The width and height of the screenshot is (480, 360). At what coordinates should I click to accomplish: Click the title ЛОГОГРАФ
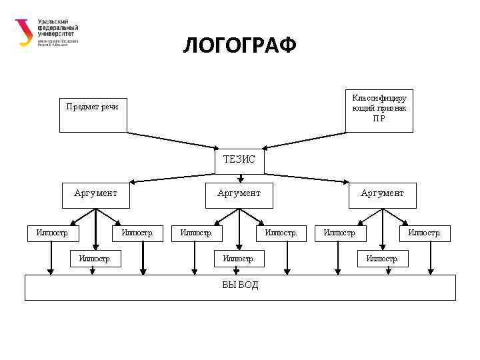tap(239, 46)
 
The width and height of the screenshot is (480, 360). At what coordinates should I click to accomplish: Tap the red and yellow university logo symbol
tap(24, 32)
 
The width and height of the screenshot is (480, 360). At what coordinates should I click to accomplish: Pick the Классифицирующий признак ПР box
tap(379, 109)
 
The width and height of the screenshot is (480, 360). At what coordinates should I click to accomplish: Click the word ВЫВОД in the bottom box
tap(240, 285)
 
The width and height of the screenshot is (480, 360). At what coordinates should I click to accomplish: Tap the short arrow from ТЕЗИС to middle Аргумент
tap(240, 177)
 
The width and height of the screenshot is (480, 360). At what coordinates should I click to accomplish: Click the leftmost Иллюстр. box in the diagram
tap(52, 233)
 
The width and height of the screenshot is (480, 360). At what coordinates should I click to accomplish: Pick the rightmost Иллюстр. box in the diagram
tap(424, 233)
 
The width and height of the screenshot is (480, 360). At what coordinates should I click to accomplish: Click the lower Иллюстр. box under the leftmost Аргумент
tap(95, 258)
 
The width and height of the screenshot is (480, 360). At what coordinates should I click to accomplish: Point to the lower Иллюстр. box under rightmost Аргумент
tap(383, 258)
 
